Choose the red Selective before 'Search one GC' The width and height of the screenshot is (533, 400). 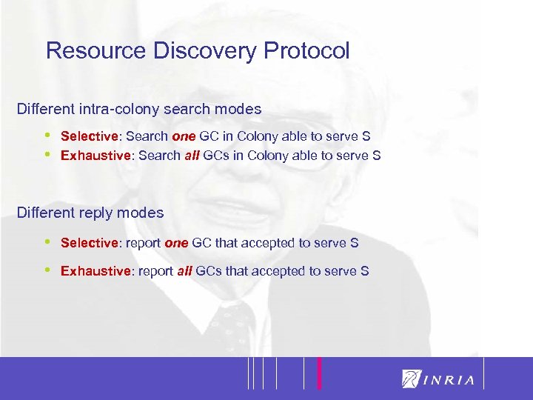coord(89,136)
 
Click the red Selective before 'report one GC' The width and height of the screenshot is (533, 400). coord(89,242)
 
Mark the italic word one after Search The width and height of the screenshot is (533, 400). coord(184,136)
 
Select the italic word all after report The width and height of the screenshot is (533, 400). coord(185,271)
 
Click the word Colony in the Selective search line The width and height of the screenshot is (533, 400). coord(262,136)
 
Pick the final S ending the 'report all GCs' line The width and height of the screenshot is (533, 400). coord(365,271)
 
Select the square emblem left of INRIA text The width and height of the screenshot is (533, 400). coord(411,378)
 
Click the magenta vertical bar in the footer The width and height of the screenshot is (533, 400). coord(319,373)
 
